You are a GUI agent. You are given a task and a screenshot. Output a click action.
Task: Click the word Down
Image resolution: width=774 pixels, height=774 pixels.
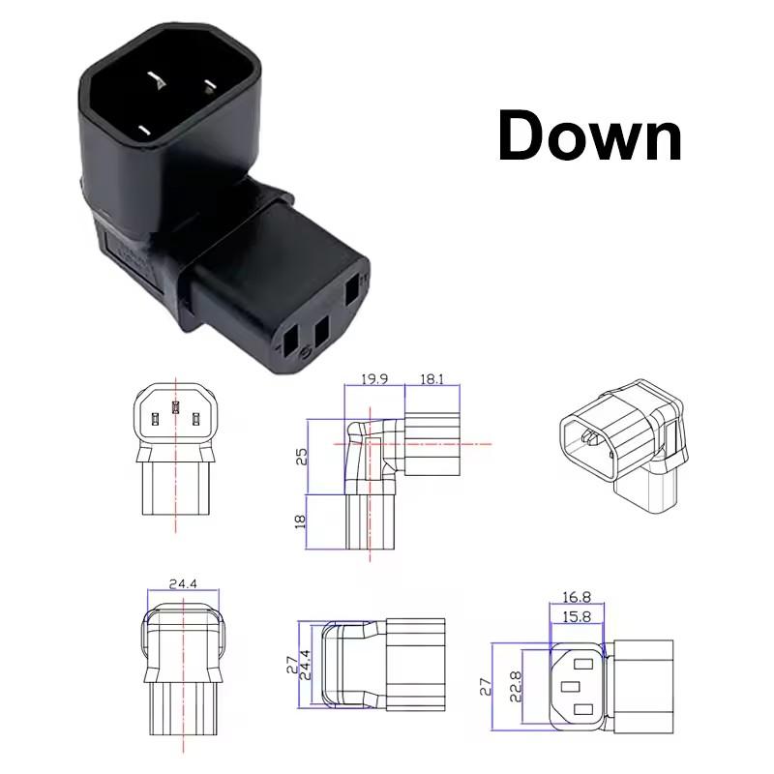point(590,135)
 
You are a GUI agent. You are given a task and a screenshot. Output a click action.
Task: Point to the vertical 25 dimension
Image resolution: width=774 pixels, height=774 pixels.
point(301,456)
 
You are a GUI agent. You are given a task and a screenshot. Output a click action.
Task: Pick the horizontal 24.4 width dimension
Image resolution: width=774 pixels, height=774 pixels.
point(183,583)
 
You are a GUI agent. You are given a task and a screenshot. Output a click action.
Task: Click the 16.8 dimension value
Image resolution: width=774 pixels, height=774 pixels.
point(577,598)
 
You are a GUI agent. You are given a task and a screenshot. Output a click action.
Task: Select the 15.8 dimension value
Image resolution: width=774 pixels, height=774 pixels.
point(577,615)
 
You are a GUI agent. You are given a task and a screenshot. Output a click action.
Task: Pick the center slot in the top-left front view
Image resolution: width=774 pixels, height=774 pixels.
point(175,409)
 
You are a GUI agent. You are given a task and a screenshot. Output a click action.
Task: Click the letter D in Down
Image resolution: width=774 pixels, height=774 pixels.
point(523,135)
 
